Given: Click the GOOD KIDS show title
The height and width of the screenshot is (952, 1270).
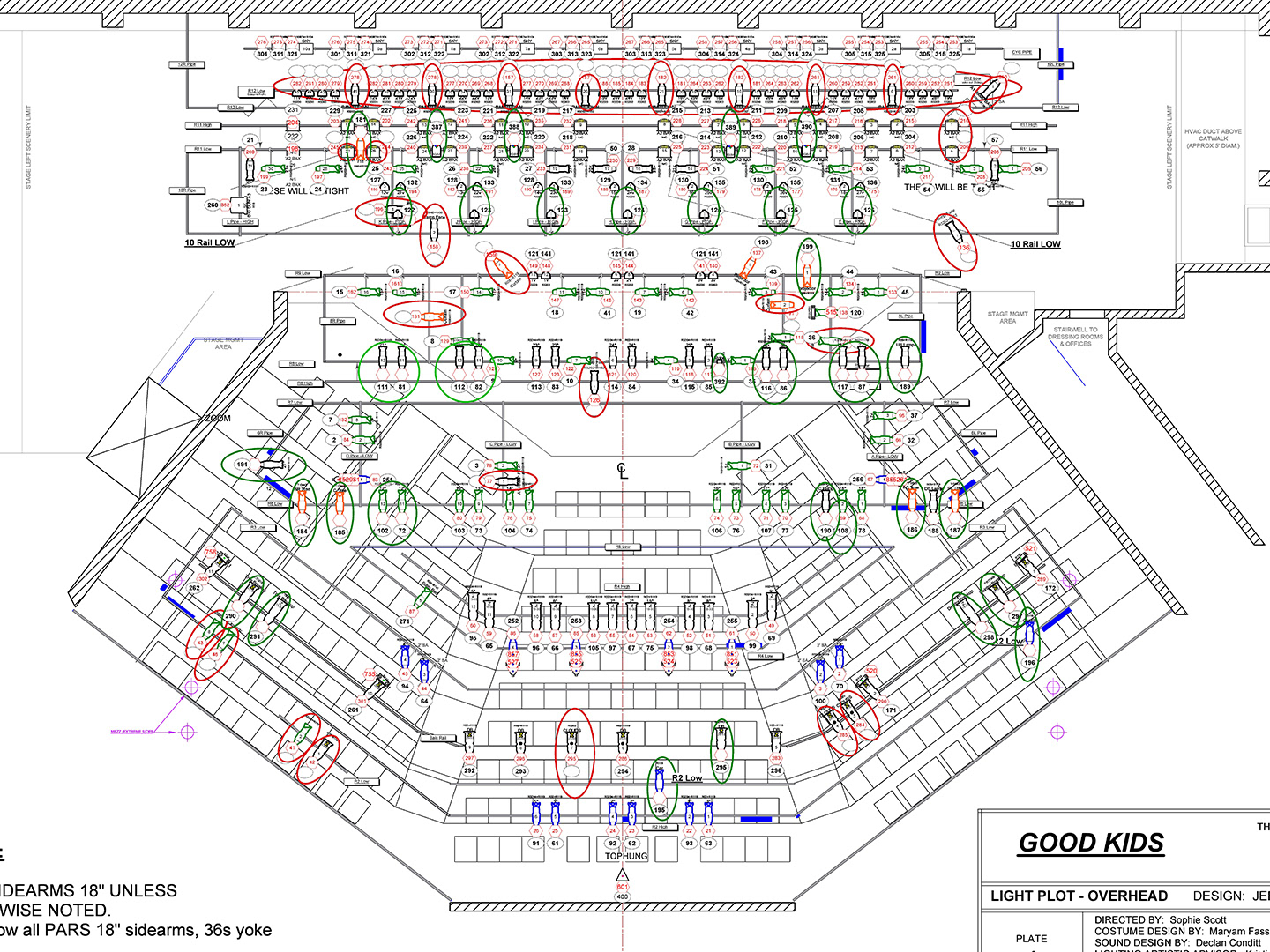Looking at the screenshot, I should pyautogui.click(x=1091, y=843).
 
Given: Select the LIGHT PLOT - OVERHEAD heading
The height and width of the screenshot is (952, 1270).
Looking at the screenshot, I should pyautogui.click(x=1079, y=896).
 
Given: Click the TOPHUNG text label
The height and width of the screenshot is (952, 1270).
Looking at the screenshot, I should pyautogui.click(x=626, y=856).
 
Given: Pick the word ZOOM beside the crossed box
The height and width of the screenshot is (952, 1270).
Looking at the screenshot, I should pyautogui.click(x=218, y=418).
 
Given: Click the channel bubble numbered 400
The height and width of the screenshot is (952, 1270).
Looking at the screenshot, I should pyautogui.click(x=623, y=896).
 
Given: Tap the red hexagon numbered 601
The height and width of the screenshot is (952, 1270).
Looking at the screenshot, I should pyautogui.click(x=623, y=887).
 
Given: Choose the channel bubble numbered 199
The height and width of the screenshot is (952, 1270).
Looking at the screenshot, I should pyautogui.click(x=807, y=247).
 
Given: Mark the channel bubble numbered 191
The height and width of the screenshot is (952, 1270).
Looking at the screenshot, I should pyautogui.click(x=242, y=465).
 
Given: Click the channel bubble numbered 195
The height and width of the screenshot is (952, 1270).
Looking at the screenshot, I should pyautogui.click(x=660, y=810).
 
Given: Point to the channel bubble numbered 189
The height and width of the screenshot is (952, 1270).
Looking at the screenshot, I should pyautogui.click(x=905, y=386).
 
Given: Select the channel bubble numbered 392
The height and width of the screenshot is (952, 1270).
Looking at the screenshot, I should pyautogui.click(x=720, y=383).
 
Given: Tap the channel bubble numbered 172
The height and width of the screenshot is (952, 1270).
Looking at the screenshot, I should pyautogui.click(x=1050, y=588).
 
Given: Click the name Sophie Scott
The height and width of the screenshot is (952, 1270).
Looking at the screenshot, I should pyautogui.click(x=1198, y=919).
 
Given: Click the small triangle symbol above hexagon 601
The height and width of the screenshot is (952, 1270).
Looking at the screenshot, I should pyautogui.click(x=623, y=874).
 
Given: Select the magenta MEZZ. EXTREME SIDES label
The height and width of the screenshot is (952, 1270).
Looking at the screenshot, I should pyautogui.click(x=131, y=732).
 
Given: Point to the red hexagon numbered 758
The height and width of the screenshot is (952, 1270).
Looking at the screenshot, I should pyautogui.click(x=211, y=553).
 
